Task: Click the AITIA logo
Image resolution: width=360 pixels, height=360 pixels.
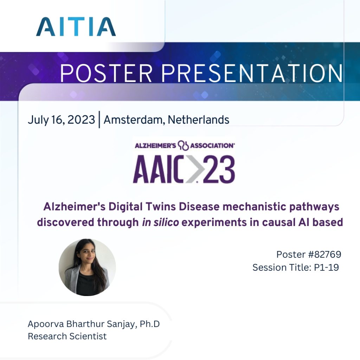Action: pyautogui.click(x=76, y=26)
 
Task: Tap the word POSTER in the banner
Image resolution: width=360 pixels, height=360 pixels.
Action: pyautogui.click(x=106, y=73)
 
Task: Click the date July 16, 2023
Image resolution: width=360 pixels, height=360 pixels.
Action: pyautogui.click(x=61, y=120)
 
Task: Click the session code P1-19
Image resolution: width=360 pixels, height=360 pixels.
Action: pyautogui.click(x=326, y=268)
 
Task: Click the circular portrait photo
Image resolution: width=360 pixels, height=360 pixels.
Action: pyautogui.click(x=87, y=267)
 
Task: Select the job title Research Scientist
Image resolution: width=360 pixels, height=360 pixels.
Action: pyautogui.click(x=67, y=336)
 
